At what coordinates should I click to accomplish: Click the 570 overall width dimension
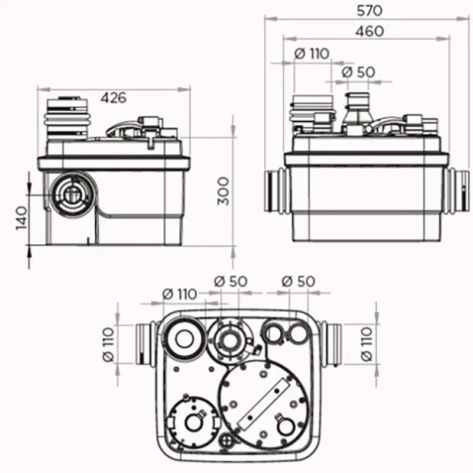(x=370, y=10)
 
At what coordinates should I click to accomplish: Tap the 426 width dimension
(x=112, y=98)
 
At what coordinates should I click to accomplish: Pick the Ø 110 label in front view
(x=311, y=53)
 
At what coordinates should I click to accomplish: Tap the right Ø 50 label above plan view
(x=298, y=281)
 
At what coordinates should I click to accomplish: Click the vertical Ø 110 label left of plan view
(x=108, y=344)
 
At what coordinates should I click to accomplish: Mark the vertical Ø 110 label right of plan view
(x=367, y=344)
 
